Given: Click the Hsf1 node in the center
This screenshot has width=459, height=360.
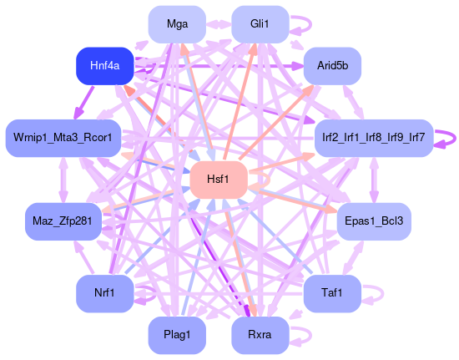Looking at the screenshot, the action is (219, 180).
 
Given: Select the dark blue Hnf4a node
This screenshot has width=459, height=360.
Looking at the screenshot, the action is (105, 66).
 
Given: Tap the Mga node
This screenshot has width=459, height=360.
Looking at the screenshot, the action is (177, 24).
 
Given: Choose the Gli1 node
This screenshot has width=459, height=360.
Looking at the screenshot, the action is (260, 24).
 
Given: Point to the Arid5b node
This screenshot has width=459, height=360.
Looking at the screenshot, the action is (332, 66).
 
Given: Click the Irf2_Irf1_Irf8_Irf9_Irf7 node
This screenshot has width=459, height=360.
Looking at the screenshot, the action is (374, 138).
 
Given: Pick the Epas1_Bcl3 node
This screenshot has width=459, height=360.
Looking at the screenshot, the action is (374, 221).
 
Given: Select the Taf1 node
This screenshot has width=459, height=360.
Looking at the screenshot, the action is (332, 293).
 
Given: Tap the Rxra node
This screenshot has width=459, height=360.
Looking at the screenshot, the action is (260, 335).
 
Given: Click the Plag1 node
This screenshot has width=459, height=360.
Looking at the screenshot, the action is (177, 335).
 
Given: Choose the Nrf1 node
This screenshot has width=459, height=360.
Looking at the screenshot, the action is (105, 293).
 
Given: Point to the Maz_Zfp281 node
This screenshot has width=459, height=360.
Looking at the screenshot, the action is (63, 221).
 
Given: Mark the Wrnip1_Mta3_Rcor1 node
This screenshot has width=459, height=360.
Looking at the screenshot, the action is (63, 138).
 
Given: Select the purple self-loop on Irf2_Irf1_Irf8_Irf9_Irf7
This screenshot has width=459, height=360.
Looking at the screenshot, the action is (455, 139).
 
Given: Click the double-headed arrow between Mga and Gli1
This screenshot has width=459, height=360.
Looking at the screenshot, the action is (219, 24).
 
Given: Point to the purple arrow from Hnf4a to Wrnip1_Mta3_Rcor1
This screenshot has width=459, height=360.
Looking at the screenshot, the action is (84, 103).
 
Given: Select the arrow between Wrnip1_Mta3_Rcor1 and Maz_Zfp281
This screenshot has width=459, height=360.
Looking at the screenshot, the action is (63, 180).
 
